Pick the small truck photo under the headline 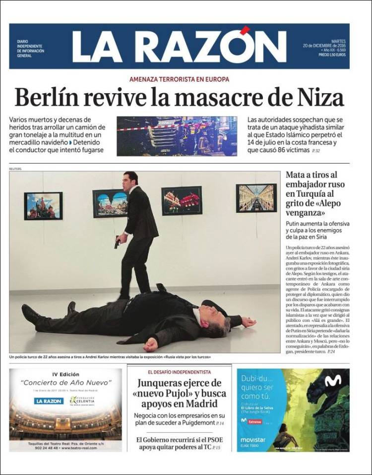point(177,136)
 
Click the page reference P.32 point(315,151)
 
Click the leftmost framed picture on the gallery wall point(43,205)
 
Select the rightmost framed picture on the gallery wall point(256,198)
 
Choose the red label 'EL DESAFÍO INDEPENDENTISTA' point(179,372)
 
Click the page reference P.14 point(220,423)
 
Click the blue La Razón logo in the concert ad point(49,401)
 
